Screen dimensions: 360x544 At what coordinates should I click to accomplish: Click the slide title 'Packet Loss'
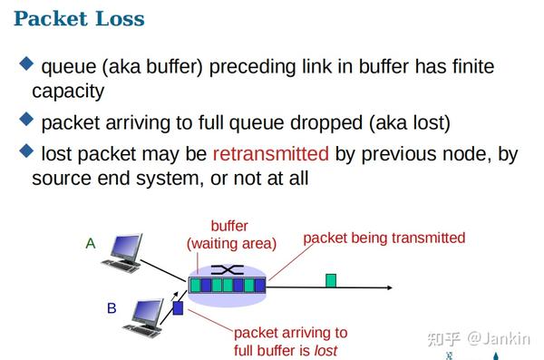coord(79,19)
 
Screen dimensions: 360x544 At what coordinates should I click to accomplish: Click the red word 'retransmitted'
coord(270,153)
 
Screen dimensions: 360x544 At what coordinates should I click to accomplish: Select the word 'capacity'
coord(68,92)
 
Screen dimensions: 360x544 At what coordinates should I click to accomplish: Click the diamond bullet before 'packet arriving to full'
coord(25,119)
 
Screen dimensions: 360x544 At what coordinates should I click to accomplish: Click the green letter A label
coord(90,243)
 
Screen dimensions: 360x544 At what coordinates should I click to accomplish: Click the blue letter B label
coord(112,308)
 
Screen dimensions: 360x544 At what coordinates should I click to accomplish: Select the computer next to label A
coord(123,253)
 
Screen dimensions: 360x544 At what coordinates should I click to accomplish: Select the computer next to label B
coord(148,315)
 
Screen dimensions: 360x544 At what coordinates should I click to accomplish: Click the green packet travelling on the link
coord(331,280)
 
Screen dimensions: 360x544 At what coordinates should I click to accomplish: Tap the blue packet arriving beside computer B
coord(178,308)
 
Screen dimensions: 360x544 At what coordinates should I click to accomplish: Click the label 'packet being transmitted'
coord(384,238)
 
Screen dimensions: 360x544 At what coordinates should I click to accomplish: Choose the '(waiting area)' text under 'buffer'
coord(231,243)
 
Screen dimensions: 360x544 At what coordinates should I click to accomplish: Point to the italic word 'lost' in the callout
coord(325,350)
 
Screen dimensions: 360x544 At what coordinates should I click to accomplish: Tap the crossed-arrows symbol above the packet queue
coord(228,270)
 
